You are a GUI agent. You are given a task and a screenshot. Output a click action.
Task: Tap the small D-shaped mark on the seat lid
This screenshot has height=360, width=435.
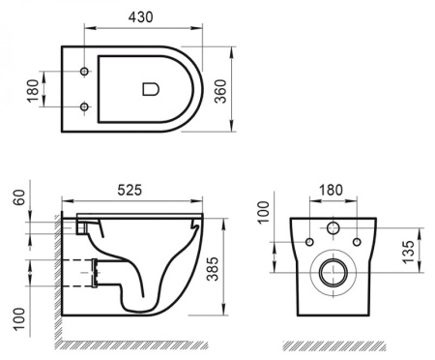click(150, 89)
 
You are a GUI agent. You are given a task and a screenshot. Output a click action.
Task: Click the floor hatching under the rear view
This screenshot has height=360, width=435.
click(333, 345)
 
